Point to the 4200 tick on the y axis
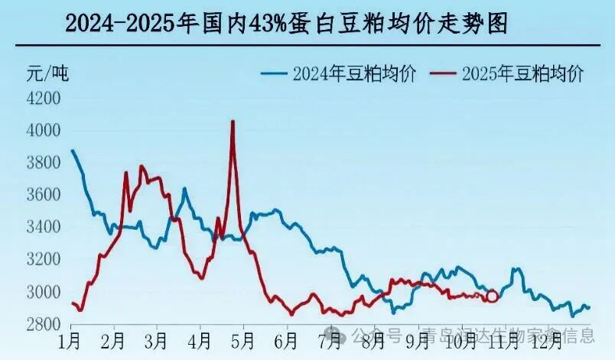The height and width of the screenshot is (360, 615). (44, 99)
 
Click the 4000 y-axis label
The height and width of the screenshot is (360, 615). (44, 131)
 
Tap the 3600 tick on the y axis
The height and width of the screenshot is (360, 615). (44, 195)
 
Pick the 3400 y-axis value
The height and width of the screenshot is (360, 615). (44, 227)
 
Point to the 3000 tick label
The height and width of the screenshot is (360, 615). (44, 292)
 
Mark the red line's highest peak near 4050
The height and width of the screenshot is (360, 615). (233, 122)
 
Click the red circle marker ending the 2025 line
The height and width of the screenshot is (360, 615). (492, 296)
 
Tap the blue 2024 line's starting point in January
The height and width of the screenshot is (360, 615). (72, 150)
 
